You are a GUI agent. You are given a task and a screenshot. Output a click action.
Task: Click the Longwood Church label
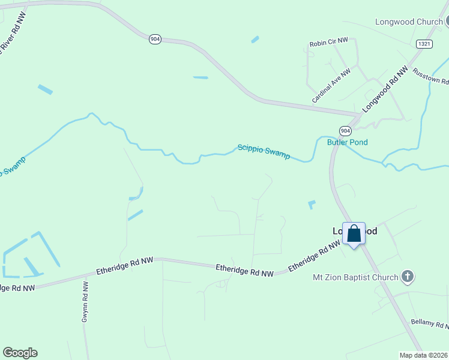409,22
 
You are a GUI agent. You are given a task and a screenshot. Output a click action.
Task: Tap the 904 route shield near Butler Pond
345,131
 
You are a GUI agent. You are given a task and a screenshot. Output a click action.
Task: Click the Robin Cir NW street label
329,43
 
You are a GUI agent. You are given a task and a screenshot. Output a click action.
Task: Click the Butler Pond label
347,142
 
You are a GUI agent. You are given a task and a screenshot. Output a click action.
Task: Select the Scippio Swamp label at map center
264,151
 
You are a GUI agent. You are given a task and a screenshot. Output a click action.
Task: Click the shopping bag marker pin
354,234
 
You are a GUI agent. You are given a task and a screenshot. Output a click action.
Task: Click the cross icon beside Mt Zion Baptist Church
407,277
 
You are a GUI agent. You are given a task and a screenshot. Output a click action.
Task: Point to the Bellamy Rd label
430,323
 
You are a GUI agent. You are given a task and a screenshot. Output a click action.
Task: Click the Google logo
20,353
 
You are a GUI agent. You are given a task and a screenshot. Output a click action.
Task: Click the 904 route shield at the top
155,39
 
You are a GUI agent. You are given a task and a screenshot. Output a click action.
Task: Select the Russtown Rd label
430,76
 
